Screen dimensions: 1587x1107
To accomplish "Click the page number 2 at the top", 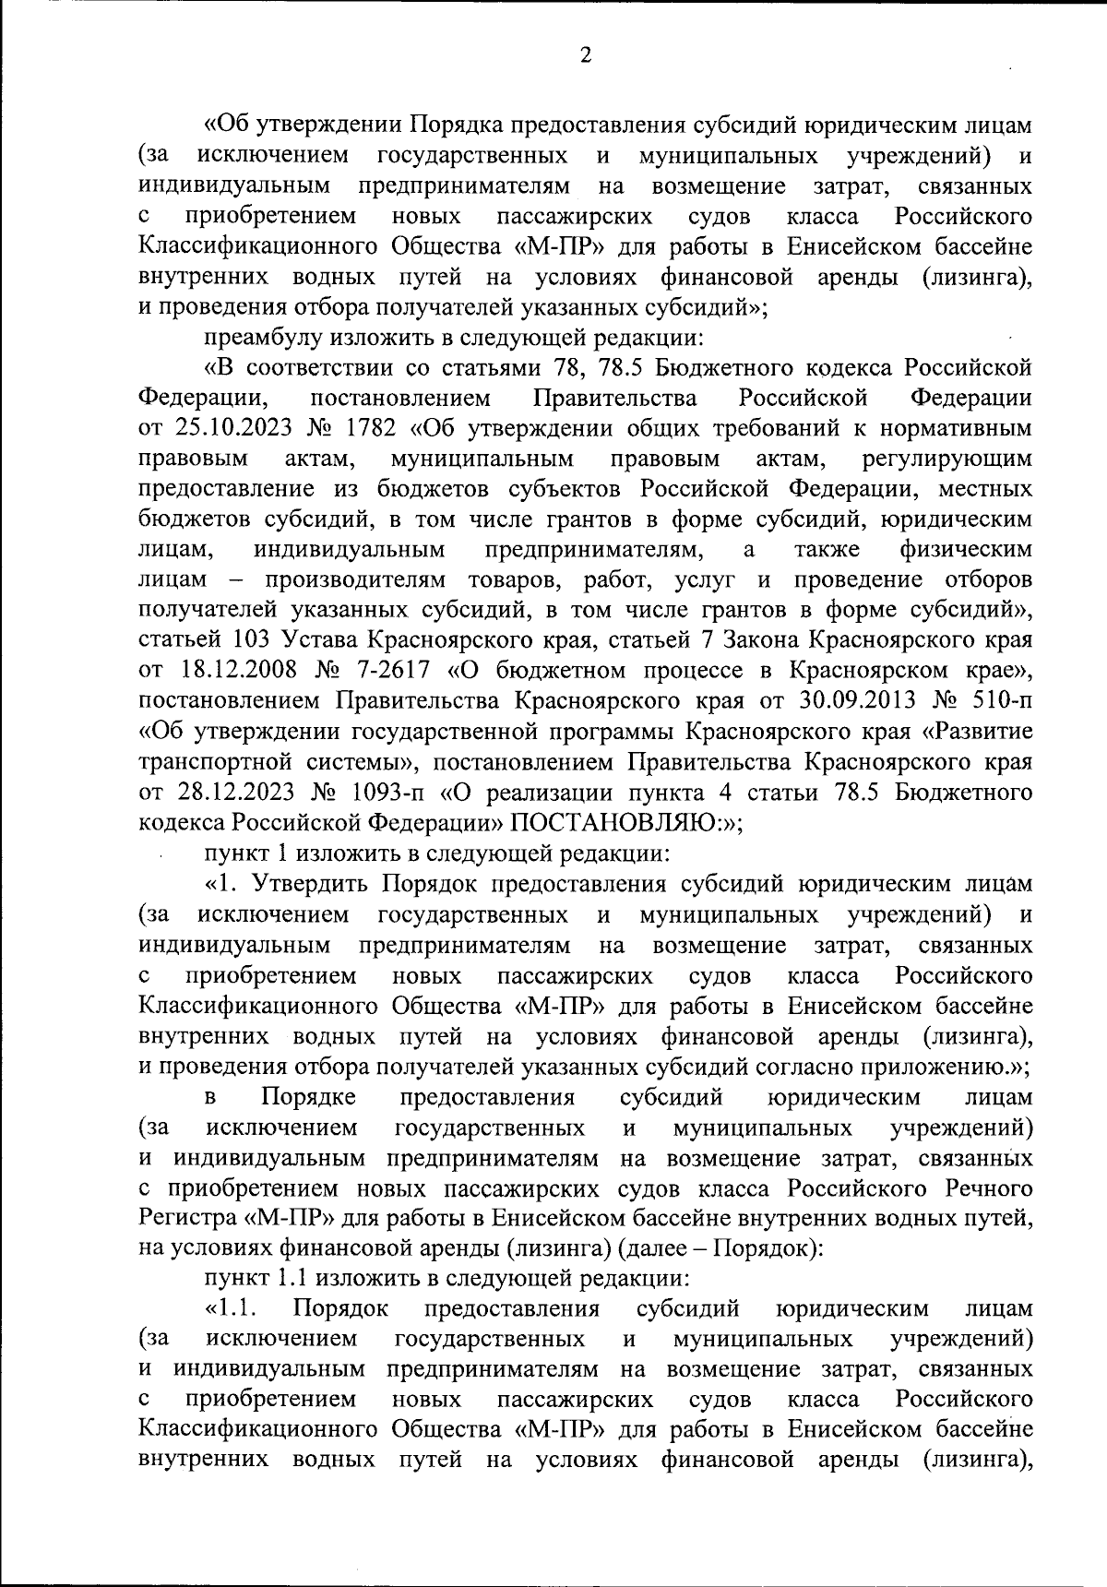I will click(583, 56).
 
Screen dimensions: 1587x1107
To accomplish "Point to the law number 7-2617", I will click(388, 671).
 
